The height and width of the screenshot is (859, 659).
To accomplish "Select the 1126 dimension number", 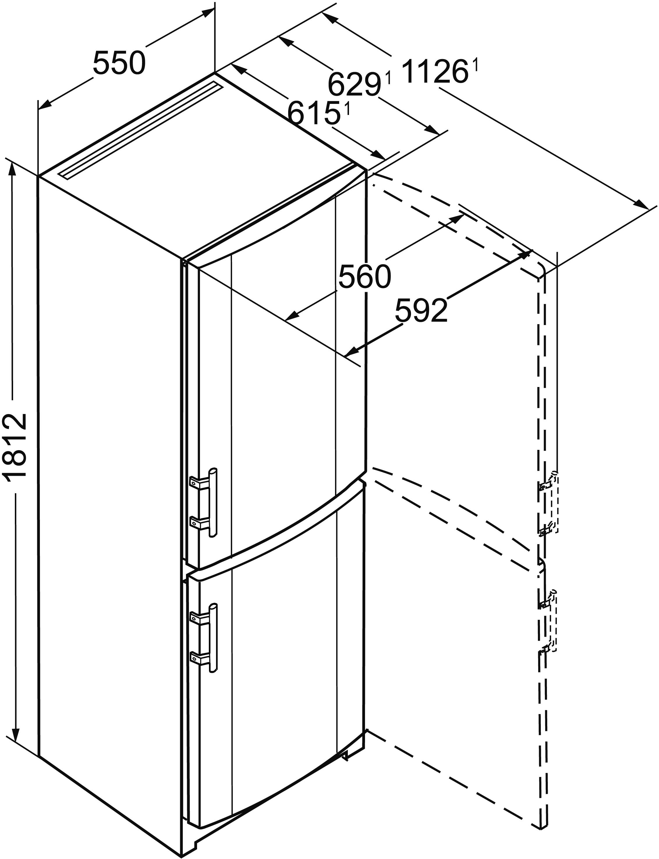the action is pos(435,71).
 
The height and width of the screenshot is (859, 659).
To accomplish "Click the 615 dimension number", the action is pos(314,113).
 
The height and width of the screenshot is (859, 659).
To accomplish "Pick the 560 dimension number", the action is pos(365,276).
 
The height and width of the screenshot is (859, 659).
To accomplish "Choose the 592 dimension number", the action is pos(421,310).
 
